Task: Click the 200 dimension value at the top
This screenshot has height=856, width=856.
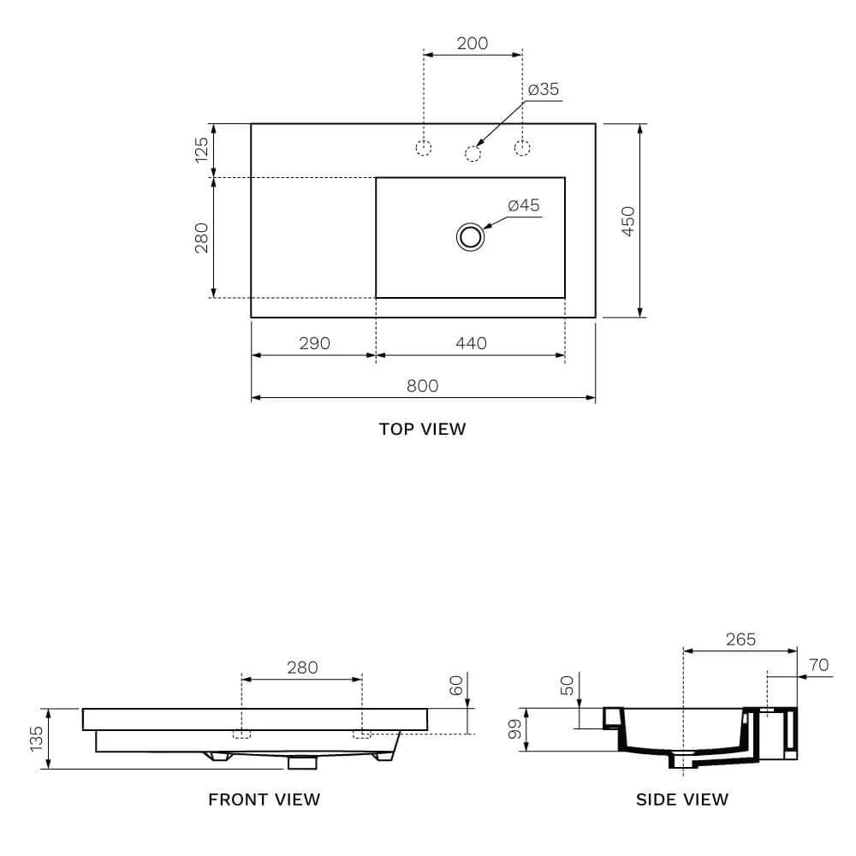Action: pyautogui.click(x=473, y=43)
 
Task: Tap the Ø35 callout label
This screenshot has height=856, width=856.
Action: pyautogui.click(x=544, y=89)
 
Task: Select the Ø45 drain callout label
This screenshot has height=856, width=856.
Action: pyautogui.click(x=524, y=205)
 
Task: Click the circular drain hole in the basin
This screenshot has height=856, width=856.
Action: pyautogui.click(x=470, y=237)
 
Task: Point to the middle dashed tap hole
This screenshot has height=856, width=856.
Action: pyautogui.click(x=473, y=153)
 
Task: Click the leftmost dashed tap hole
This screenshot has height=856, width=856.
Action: pyautogui.click(x=424, y=147)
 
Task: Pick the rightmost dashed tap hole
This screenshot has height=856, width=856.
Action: pyautogui.click(x=522, y=147)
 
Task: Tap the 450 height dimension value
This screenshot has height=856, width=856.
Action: pyautogui.click(x=628, y=221)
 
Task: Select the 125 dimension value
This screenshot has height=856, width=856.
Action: pyautogui.click(x=201, y=150)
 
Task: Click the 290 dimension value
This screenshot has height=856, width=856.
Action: pyautogui.click(x=314, y=343)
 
